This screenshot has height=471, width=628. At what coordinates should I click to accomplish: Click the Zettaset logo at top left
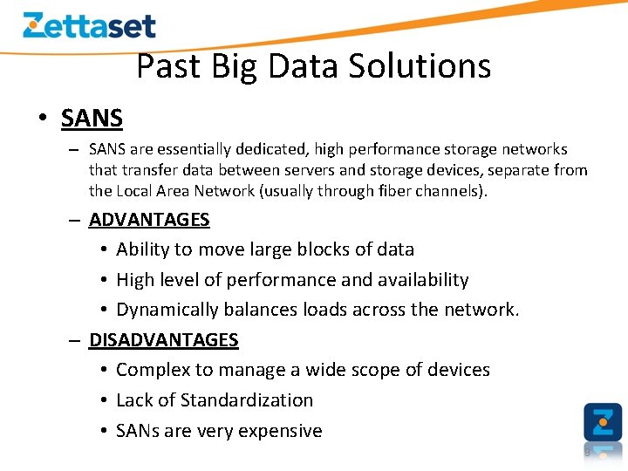(89, 25)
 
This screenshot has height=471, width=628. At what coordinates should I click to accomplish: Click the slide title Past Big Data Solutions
(314, 66)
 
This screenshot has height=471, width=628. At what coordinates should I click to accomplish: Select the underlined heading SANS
(92, 118)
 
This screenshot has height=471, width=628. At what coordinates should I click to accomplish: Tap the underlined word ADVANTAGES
(149, 220)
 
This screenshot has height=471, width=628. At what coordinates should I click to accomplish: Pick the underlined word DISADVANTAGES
(163, 340)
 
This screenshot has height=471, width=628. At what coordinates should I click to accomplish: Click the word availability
(423, 280)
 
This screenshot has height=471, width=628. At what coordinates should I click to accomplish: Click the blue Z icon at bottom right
(603, 422)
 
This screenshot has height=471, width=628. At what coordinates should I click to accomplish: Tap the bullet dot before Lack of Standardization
(103, 400)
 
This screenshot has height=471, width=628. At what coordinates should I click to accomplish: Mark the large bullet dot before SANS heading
(42, 119)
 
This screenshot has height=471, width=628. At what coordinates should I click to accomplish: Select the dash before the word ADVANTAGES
(76, 220)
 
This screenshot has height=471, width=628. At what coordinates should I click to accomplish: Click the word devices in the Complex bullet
(459, 370)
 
